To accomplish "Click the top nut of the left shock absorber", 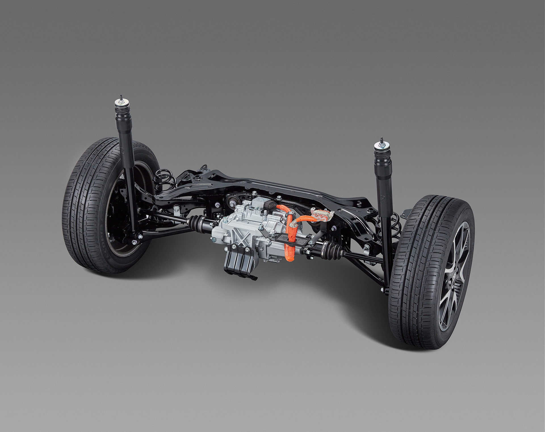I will coord(121,98).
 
